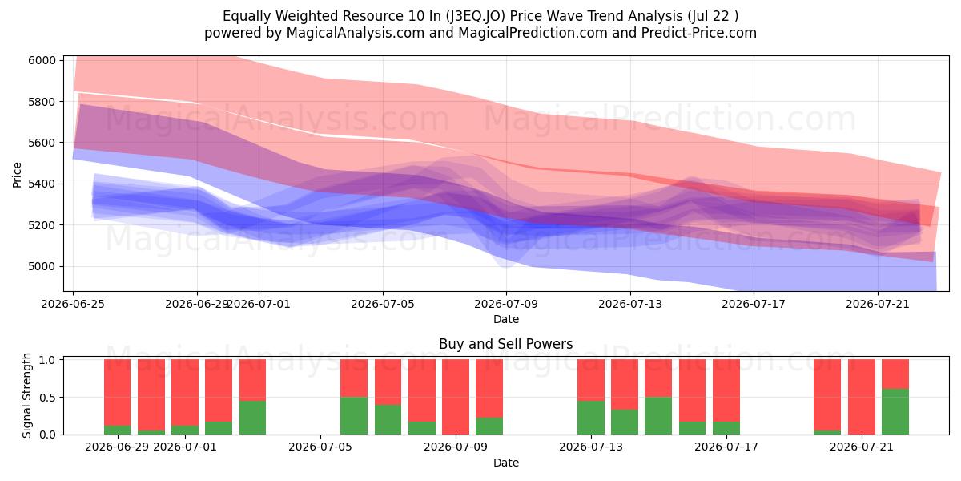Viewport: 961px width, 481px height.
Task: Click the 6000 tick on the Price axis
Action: coord(42,60)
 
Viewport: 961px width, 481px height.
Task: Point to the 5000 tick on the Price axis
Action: coord(42,266)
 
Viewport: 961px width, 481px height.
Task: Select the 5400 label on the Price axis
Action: coord(42,184)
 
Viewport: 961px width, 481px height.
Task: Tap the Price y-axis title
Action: coord(17,175)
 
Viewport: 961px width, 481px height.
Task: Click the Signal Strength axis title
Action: coord(26,395)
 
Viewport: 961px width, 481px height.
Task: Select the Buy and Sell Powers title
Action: coord(506,344)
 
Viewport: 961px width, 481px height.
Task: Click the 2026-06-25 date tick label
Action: coord(73,304)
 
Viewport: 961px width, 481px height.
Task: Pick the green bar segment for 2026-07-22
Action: coord(895,411)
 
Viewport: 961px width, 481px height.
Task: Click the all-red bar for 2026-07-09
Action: coord(456,397)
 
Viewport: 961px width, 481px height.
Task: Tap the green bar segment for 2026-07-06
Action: coord(354,416)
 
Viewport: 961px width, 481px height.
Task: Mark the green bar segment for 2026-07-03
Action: coord(253,418)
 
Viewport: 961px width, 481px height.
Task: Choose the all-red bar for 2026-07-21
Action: coord(862,397)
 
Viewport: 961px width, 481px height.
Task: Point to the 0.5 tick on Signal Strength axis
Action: coord(47,398)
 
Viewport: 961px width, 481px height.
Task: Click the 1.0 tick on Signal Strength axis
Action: coord(47,360)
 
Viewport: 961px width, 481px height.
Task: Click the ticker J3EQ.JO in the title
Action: coord(476,16)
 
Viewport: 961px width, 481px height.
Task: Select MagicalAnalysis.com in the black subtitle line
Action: coord(356,33)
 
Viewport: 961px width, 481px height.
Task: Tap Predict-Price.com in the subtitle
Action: coord(699,33)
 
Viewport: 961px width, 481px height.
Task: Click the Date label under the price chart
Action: coord(506,319)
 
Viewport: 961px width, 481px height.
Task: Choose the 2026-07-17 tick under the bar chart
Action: coord(726,447)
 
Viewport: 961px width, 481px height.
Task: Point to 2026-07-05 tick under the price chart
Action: coord(383,304)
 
